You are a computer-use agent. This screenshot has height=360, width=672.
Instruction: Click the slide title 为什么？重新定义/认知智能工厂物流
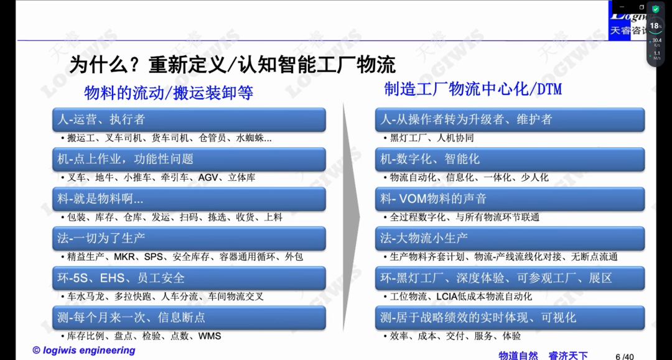232,65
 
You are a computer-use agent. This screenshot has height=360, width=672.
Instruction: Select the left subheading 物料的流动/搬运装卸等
169,93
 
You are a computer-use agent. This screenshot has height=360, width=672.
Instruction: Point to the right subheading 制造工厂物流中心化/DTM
473,89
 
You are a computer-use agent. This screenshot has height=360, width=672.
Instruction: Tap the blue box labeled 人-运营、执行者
189,119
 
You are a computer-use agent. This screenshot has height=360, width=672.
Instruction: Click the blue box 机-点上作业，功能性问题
189,159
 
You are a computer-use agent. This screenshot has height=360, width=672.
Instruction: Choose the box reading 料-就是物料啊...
189,198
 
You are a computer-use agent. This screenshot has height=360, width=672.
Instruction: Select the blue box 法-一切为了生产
189,238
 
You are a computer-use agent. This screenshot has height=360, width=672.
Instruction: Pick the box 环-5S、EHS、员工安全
189,278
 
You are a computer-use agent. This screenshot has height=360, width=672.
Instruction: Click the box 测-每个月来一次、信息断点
189,318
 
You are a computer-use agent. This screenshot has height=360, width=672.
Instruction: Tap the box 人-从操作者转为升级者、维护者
510,119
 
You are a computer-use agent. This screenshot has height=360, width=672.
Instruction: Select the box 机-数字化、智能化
510,159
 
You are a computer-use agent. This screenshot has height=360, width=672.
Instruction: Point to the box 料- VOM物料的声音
510,198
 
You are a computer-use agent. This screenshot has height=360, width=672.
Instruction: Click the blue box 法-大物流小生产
510,238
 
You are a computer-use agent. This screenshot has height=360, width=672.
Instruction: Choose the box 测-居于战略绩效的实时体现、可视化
510,318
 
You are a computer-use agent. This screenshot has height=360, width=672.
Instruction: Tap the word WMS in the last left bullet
210,336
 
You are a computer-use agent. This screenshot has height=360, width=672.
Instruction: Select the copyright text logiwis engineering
84,350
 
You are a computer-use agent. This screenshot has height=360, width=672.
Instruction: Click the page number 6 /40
625,356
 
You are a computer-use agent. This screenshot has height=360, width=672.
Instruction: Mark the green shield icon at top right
656,9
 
